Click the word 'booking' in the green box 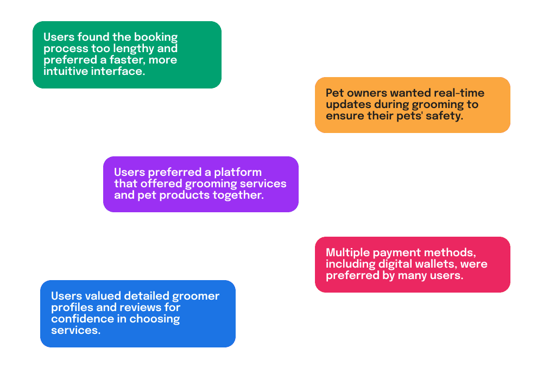(x=156, y=37)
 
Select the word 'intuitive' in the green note (x=66, y=71)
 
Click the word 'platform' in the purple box (x=238, y=172)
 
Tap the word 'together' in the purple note (x=238, y=195)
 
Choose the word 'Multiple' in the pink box (x=348, y=252)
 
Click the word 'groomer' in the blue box (x=195, y=296)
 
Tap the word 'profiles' (x=72, y=308)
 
